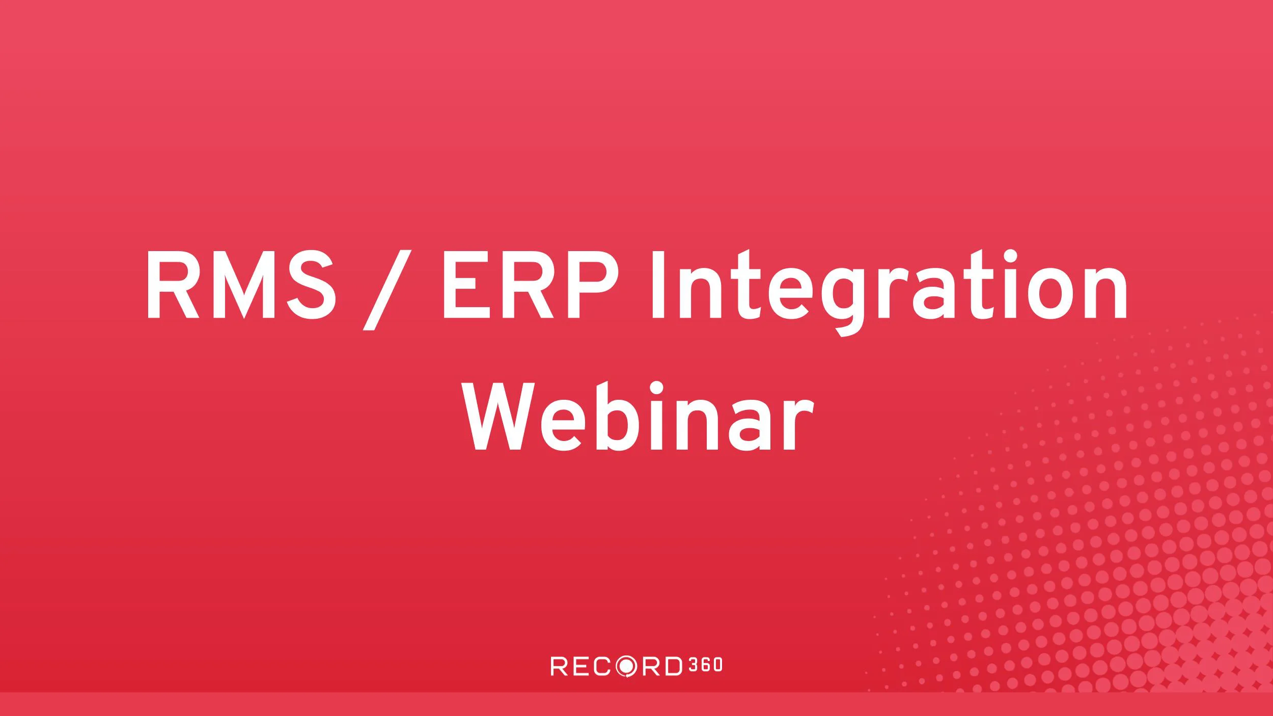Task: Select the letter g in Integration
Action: [845, 300]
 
